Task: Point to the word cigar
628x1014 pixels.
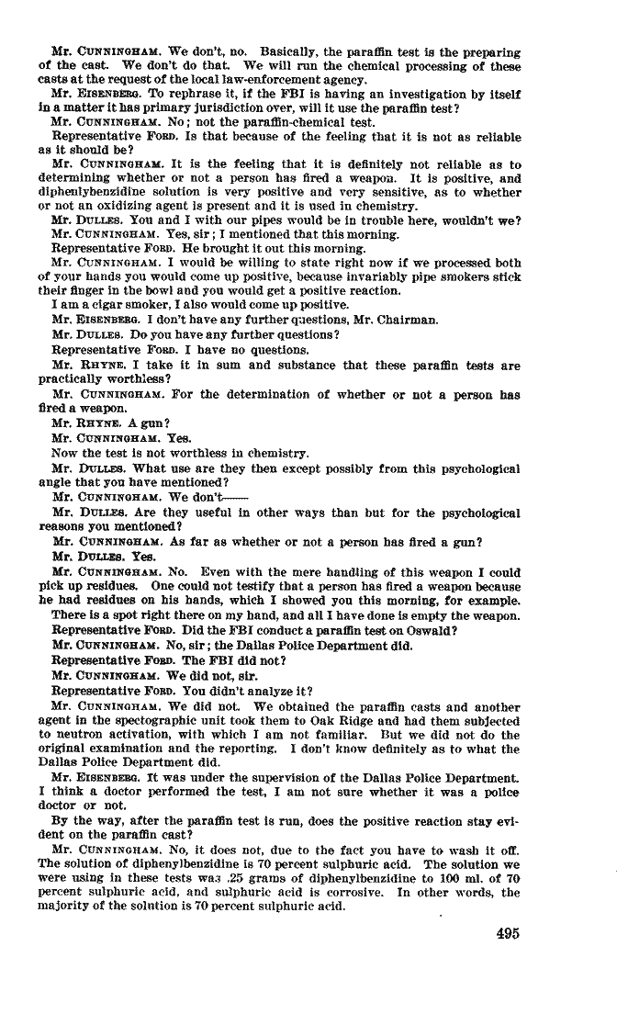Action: (93, 305)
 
